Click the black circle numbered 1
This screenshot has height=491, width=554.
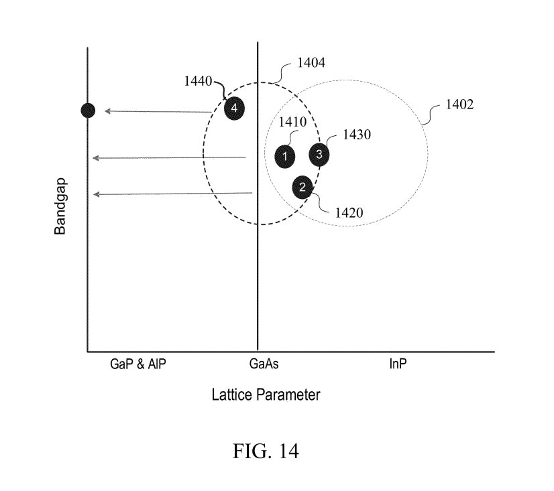pyautogui.click(x=285, y=156)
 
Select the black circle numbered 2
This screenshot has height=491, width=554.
pyautogui.click(x=302, y=187)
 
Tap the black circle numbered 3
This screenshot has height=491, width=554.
pyautogui.click(x=319, y=154)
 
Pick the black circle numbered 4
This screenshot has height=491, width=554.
pyautogui.click(x=234, y=108)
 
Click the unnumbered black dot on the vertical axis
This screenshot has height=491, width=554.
pyautogui.click(x=88, y=111)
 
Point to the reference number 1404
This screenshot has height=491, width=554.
pyautogui.click(x=311, y=63)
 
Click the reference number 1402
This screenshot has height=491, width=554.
pyautogui.click(x=459, y=104)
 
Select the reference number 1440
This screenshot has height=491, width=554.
pyautogui.click(x=198, y=81)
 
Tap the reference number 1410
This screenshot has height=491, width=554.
pyautogui.click(x=292, y=122)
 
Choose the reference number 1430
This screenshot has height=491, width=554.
pyautogui.click(x=357, y=135)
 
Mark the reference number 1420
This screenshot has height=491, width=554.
pyautogui.click(x=349, y=213)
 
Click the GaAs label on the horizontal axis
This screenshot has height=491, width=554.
pyautogui.click(x=264, y=364)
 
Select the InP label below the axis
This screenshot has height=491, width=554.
pyautogui.click(x=398, y=364)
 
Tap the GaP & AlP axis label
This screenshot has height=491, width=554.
pyautogui.click(x=137, y=364)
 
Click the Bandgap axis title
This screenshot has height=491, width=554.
pyautogui.click(x=60, y=206)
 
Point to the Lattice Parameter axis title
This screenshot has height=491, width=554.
pyautogui.click(x=266, y=395)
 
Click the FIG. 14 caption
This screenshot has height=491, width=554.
pyautogui.click(x=266, y=451)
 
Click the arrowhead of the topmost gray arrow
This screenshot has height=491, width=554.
pyautogui.click(x=107, y=111)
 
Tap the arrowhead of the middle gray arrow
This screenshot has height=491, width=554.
pyautogui.click(x=95, y=158)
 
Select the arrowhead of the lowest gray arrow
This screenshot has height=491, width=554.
pyautogui.click(x=96, y=194)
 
